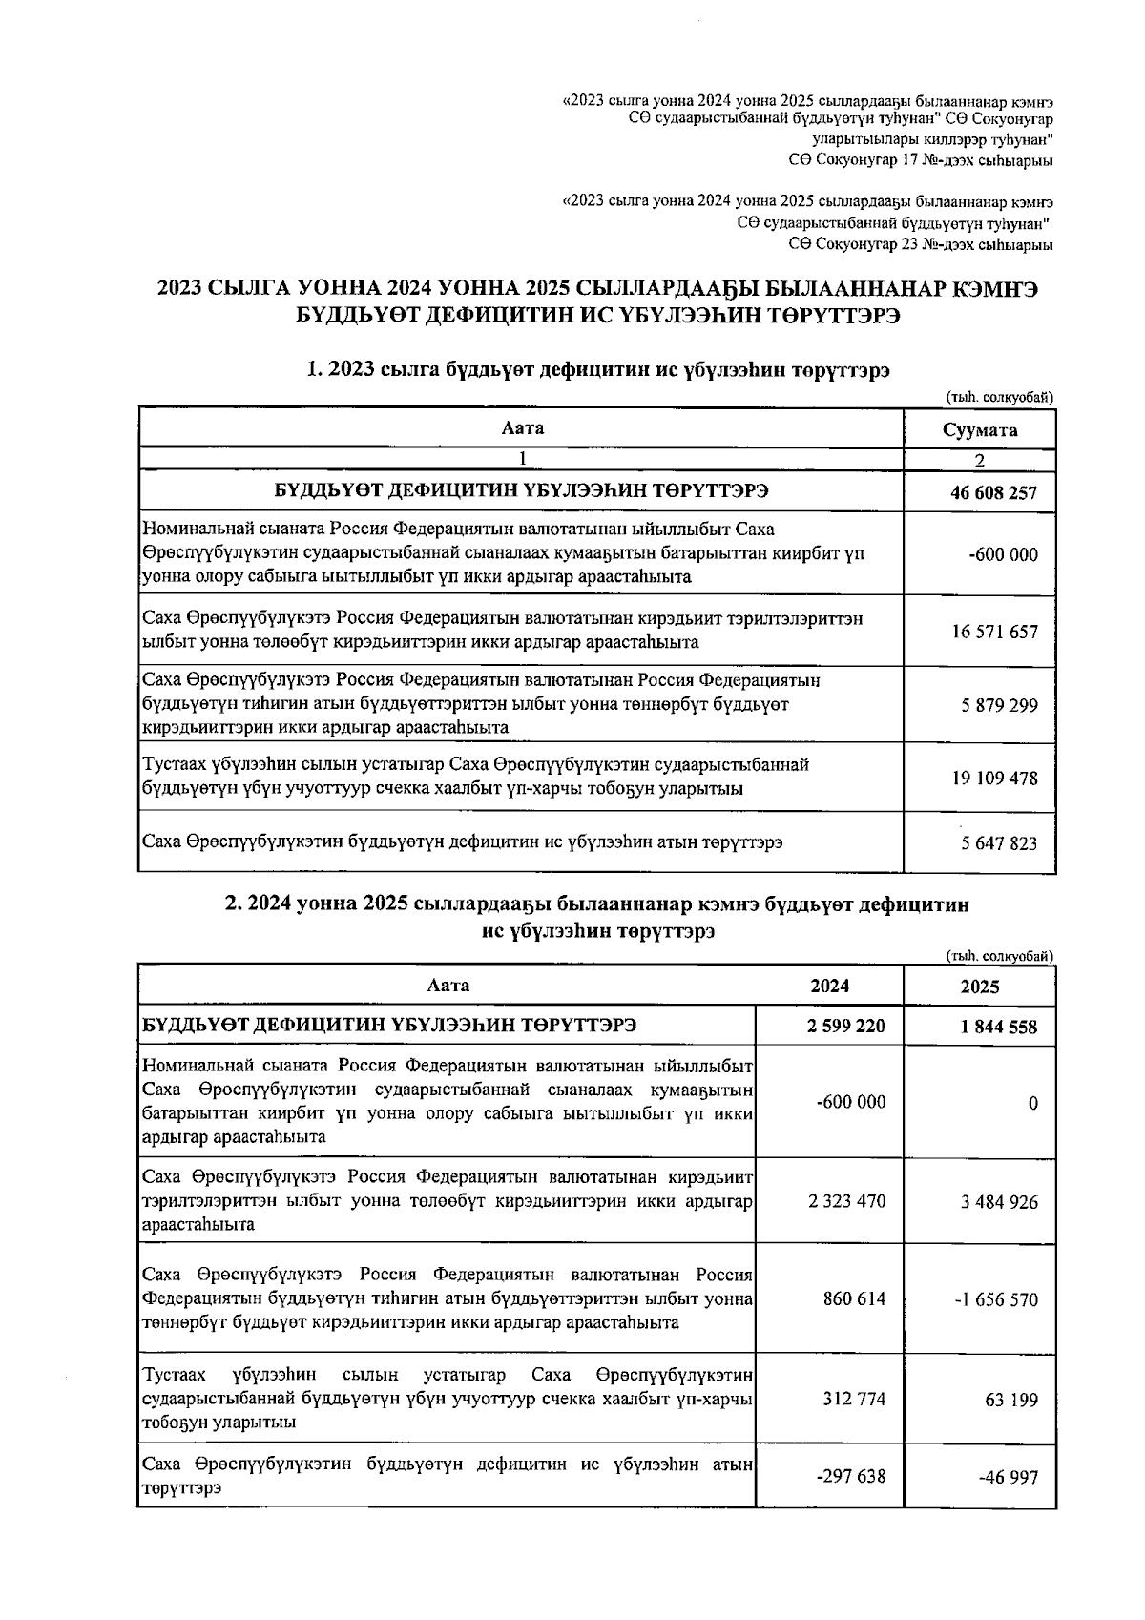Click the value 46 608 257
coord(993,493)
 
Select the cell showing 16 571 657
coord(993,632)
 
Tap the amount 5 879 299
coord(999,705)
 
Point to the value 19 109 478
coord(993,778)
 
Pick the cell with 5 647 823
coord(999,843)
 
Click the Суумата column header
coord(979,429)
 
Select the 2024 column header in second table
coord(829,986)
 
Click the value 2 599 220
coord(845,1027)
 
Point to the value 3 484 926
coord(999,1202)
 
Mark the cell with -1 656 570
coord(996,1300)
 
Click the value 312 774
coord(854,1400)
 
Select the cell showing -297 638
coord(851,1476)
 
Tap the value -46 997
coord(1009,1477)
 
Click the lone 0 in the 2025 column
coord(1033,1104)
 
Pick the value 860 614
coord(854,1299)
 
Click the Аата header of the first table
coord(522,428)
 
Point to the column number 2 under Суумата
coord(979,460)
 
